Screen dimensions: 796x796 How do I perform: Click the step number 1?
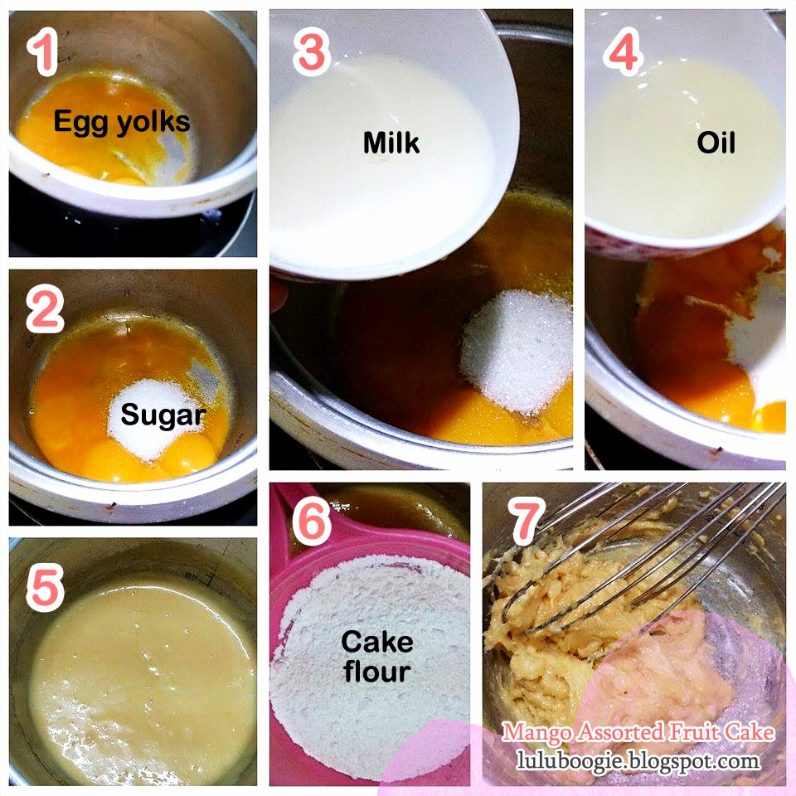click(x=44, y=51)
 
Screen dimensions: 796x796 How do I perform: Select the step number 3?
click(x=312, y=51)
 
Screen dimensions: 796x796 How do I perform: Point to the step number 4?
click(x=623, y=51)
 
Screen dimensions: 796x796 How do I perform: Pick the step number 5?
click(x=45, y=587)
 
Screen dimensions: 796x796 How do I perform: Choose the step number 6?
click(x=312, y=522)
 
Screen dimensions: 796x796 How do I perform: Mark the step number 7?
click(x=527, y=522)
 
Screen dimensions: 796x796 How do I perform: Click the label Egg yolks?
click(x=122, y=123)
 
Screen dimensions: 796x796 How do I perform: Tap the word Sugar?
click(x=163, y=415)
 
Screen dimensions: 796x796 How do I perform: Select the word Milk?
click(x=391, y=143)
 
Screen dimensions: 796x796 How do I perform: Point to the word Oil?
click(x=716, y=143)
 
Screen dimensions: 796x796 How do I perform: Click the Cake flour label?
click(x=377, y=657)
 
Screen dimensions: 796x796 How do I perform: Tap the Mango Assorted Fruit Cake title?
click(x=638, y=732)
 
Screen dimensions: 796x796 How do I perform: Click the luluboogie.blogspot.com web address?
click(x=638, y=760)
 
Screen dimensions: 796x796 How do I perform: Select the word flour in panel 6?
click(x=377, y=671)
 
